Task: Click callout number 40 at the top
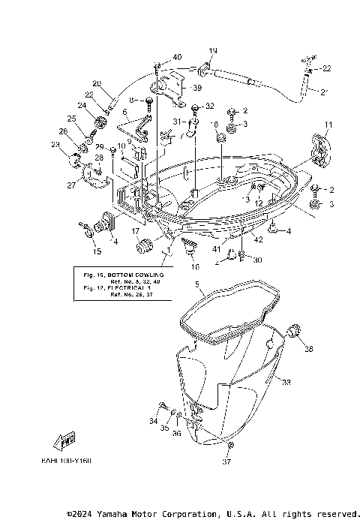(177, 58)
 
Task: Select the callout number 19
(212, 50)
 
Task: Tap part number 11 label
(327, 124)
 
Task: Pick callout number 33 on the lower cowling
(285, 383)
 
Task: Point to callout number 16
(194, 266)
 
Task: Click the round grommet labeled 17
(144, 245)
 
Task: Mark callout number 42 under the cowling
(257, 240)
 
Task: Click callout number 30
(257, 260)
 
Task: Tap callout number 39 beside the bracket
(197, 88)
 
